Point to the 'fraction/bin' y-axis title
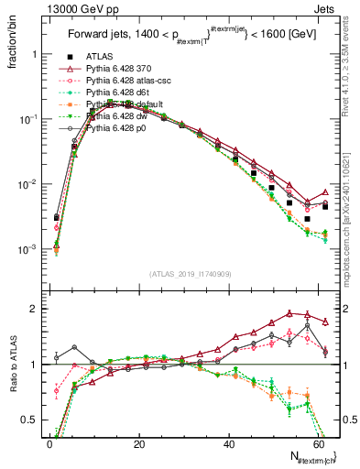click(x=10, y=42)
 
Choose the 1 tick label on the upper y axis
click(x=35, y=54)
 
